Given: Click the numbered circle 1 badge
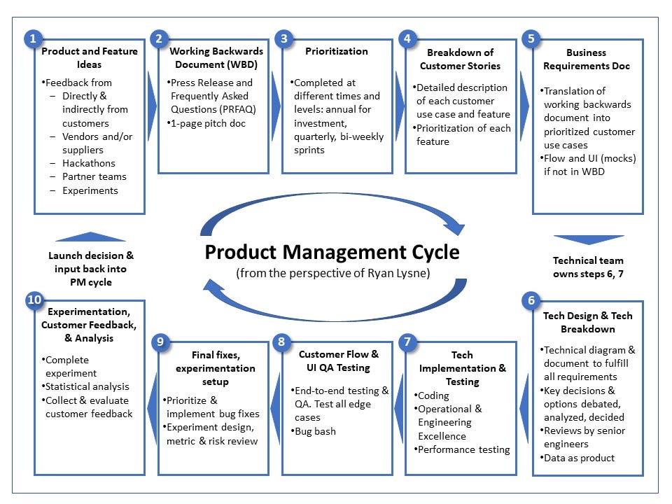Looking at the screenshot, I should point(32,38).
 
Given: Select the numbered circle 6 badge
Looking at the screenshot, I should point(531,301).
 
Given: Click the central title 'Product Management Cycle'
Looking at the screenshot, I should point(332,252).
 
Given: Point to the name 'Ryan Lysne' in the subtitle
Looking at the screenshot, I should point(396,273).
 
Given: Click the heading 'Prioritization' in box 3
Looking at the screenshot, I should point(337,51).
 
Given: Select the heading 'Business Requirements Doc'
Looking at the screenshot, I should point(587,58).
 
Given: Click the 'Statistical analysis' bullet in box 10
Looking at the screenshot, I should point(87,386).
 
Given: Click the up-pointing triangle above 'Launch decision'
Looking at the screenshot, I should point(91,237).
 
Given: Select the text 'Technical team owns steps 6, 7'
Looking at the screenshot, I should point(588,267).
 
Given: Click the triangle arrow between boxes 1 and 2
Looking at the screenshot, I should point(152,105).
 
